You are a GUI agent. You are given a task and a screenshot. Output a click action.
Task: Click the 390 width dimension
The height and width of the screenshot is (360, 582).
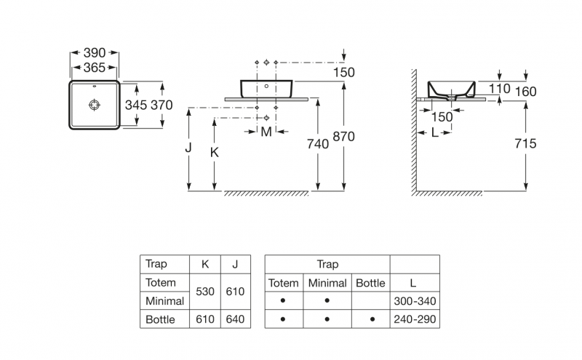tap(94, 53)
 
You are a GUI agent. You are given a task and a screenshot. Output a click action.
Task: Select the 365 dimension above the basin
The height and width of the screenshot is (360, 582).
tap(94, 68)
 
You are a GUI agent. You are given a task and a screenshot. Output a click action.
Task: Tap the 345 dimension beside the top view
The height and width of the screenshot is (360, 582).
tap(136, 105)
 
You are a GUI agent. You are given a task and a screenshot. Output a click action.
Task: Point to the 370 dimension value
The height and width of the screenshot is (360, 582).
tap(161, 105)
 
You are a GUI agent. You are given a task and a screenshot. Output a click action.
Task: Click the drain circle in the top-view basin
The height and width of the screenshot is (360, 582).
tap(94, 105)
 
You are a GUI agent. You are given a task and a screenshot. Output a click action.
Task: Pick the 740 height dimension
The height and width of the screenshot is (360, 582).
tap(318, 144)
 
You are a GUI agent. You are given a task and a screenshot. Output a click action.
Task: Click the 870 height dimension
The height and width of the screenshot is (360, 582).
tap(344, 144)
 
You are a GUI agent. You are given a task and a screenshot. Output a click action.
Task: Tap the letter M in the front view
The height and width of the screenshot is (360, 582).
tap(266, 132)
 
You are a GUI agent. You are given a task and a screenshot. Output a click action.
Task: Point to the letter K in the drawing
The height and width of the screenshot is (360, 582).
tap(214, 152)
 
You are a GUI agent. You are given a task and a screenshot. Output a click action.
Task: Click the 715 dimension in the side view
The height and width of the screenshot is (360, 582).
tap(525, 144)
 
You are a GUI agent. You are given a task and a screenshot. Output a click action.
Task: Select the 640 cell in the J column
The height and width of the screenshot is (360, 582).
tap(235, 319)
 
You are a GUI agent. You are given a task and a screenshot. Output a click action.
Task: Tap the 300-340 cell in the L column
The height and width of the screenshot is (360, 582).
tap(415, 300)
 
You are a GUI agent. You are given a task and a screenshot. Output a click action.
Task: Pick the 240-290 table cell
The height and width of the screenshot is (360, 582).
tap(415, 319)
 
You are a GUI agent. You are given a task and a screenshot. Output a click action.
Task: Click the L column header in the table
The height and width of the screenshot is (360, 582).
tap(415, 282)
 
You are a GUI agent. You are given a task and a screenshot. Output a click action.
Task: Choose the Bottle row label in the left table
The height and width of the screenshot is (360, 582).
tap(160, 319)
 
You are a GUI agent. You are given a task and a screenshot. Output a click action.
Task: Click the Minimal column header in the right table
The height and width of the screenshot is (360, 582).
tap(327, 282)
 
